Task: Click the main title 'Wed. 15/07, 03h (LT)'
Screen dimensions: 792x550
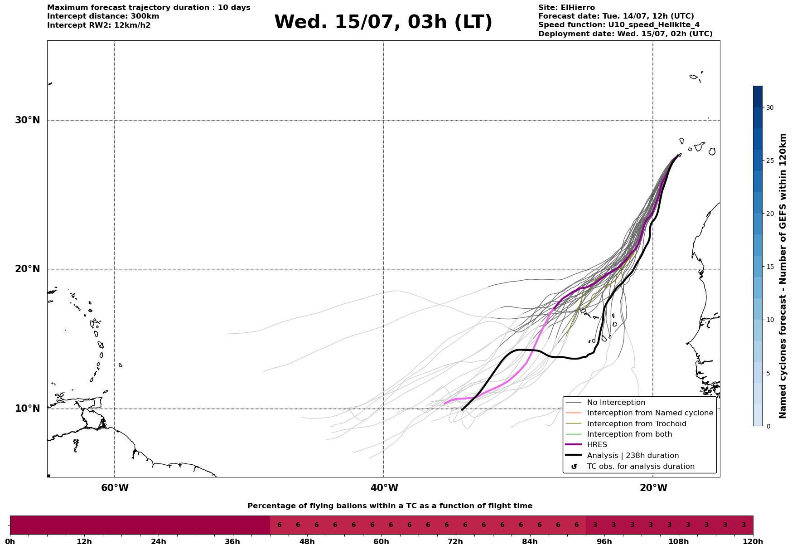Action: pos(383,22)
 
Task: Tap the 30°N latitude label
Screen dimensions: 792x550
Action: pos(28,120)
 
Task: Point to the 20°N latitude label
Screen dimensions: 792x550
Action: pos(28,269)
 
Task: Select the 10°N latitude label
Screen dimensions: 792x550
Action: pos(28,409)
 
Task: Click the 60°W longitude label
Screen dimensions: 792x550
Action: pos(115,488)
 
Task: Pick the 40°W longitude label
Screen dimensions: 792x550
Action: pos(384,488)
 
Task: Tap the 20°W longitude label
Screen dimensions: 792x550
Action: pos(653,488)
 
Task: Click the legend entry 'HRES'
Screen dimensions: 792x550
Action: pos(597,445)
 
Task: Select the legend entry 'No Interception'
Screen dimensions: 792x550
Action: pos(616,403)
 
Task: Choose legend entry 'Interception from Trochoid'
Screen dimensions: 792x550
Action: pos(637,424)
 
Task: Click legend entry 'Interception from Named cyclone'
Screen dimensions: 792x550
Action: pos(650,413)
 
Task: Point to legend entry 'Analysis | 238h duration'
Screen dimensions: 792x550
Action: pos(633,456)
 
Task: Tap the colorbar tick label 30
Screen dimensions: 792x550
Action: pos(770,107)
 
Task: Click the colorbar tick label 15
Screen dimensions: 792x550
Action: pos(770,267)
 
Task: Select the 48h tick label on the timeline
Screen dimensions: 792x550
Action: pos(307,541)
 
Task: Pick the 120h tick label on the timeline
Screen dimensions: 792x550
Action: pos(753,541)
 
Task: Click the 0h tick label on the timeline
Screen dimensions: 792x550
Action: pos(10,541)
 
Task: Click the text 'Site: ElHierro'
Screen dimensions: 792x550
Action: pos(566,8)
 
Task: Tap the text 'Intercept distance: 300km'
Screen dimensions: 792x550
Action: pos(103,16)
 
